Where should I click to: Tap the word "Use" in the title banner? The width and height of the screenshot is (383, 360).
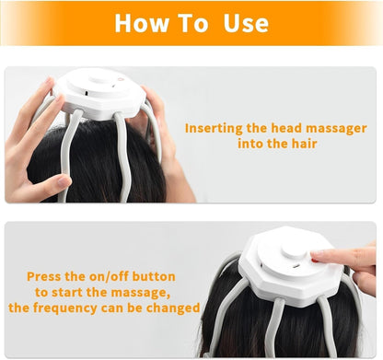point(244,23)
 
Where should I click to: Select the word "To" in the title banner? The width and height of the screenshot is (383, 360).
point(192,23)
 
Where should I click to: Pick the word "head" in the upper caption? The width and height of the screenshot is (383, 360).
point(287,128)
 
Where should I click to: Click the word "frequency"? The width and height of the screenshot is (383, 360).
point(77,308)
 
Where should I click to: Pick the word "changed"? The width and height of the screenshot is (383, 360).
point(171,308)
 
